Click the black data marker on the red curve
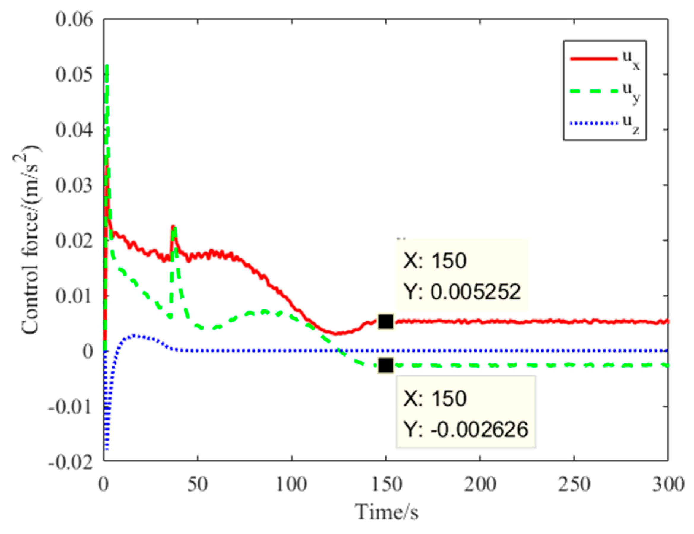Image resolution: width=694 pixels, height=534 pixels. coord(386,322)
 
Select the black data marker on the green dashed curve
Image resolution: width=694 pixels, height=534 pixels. coord(386,365)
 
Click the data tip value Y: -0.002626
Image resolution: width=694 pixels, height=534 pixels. coord(466,429)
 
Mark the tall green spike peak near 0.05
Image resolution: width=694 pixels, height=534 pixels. coord(107,67)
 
